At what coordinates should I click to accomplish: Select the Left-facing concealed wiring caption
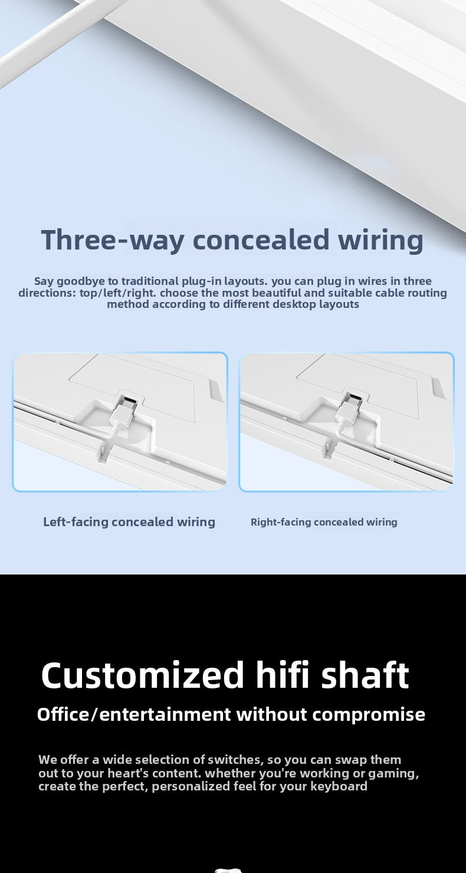(129, 522)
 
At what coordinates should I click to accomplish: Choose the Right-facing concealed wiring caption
(324, 522)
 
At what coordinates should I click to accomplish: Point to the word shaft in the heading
(365, 674)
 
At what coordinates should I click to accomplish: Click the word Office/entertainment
(134, 714)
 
